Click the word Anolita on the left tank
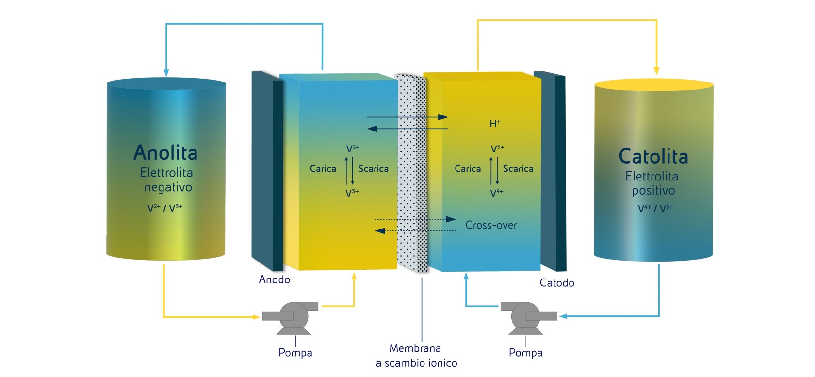(x=165, y=153)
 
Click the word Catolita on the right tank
(x=653, y=156)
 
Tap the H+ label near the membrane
(x=495, y=124)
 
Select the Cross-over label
(x=491, y=225)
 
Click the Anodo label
(x=274, y=279)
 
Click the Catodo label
(x=557, y=283)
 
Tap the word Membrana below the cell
(x=415, y=348)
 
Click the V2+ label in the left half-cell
(x=353, y=148)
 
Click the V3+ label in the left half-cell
(x=352, y=193)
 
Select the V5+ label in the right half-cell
(x=497, y=148)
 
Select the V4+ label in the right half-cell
(x=497, y=193)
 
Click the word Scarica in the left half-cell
(x=373, y=169)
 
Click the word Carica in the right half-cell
(x=468, y=169)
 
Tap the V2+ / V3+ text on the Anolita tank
(x=165, y=208)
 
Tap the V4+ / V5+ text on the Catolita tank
(x=655, y=209)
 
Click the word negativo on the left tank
(x=168, y=187)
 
